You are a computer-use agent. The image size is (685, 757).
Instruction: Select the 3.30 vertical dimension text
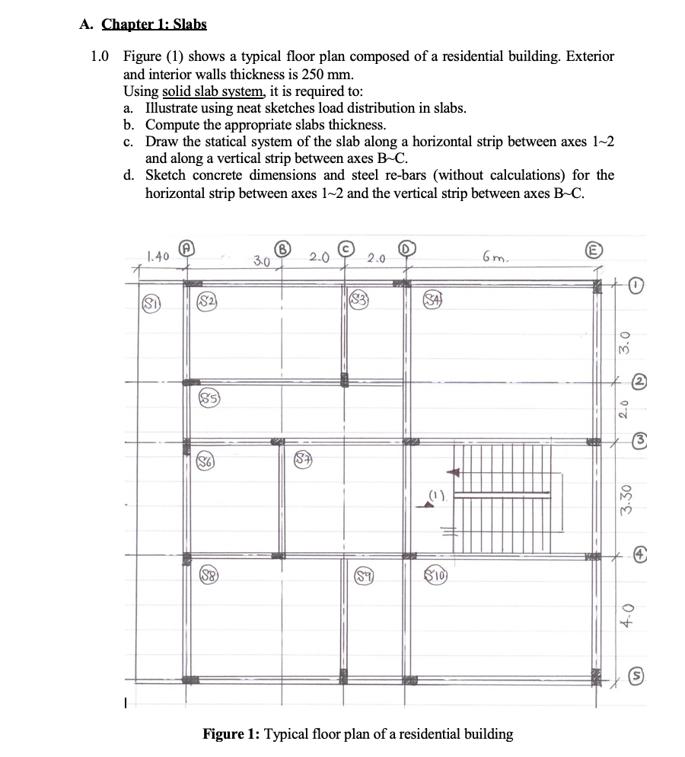(624, 499)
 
